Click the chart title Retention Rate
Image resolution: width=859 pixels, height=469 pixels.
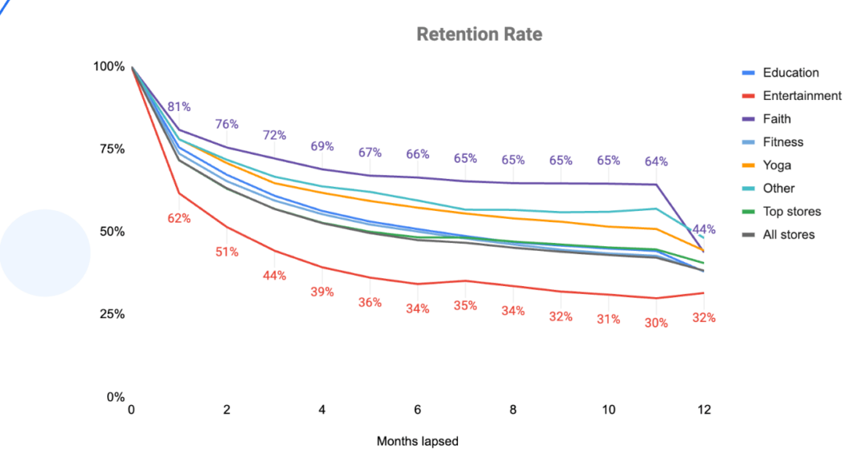[479, 34]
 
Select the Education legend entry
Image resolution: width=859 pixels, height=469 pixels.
[790, 73]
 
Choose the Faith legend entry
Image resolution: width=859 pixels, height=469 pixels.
[776, 119]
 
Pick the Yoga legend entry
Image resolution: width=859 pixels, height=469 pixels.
[777, 166]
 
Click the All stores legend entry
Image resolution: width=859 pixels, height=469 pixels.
[789, 234]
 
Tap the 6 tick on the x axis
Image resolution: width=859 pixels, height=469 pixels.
[417, 410]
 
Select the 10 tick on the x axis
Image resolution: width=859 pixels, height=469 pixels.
[608, 410]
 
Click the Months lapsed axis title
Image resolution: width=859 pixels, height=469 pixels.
[417, 442]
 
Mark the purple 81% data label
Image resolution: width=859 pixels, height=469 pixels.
[179, 107]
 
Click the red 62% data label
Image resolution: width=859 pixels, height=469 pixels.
[179, 219]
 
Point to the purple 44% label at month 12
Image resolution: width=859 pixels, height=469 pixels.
[703, 230]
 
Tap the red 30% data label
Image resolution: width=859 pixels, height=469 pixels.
[657, 322]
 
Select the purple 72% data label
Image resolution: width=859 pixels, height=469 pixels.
[274, 135]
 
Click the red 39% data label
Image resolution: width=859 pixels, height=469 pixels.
[322, 292]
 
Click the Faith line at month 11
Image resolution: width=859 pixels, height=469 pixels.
[656, 184]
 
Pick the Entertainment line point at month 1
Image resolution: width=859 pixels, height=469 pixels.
[179, 193]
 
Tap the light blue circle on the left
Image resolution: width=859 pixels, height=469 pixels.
[45, 253]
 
